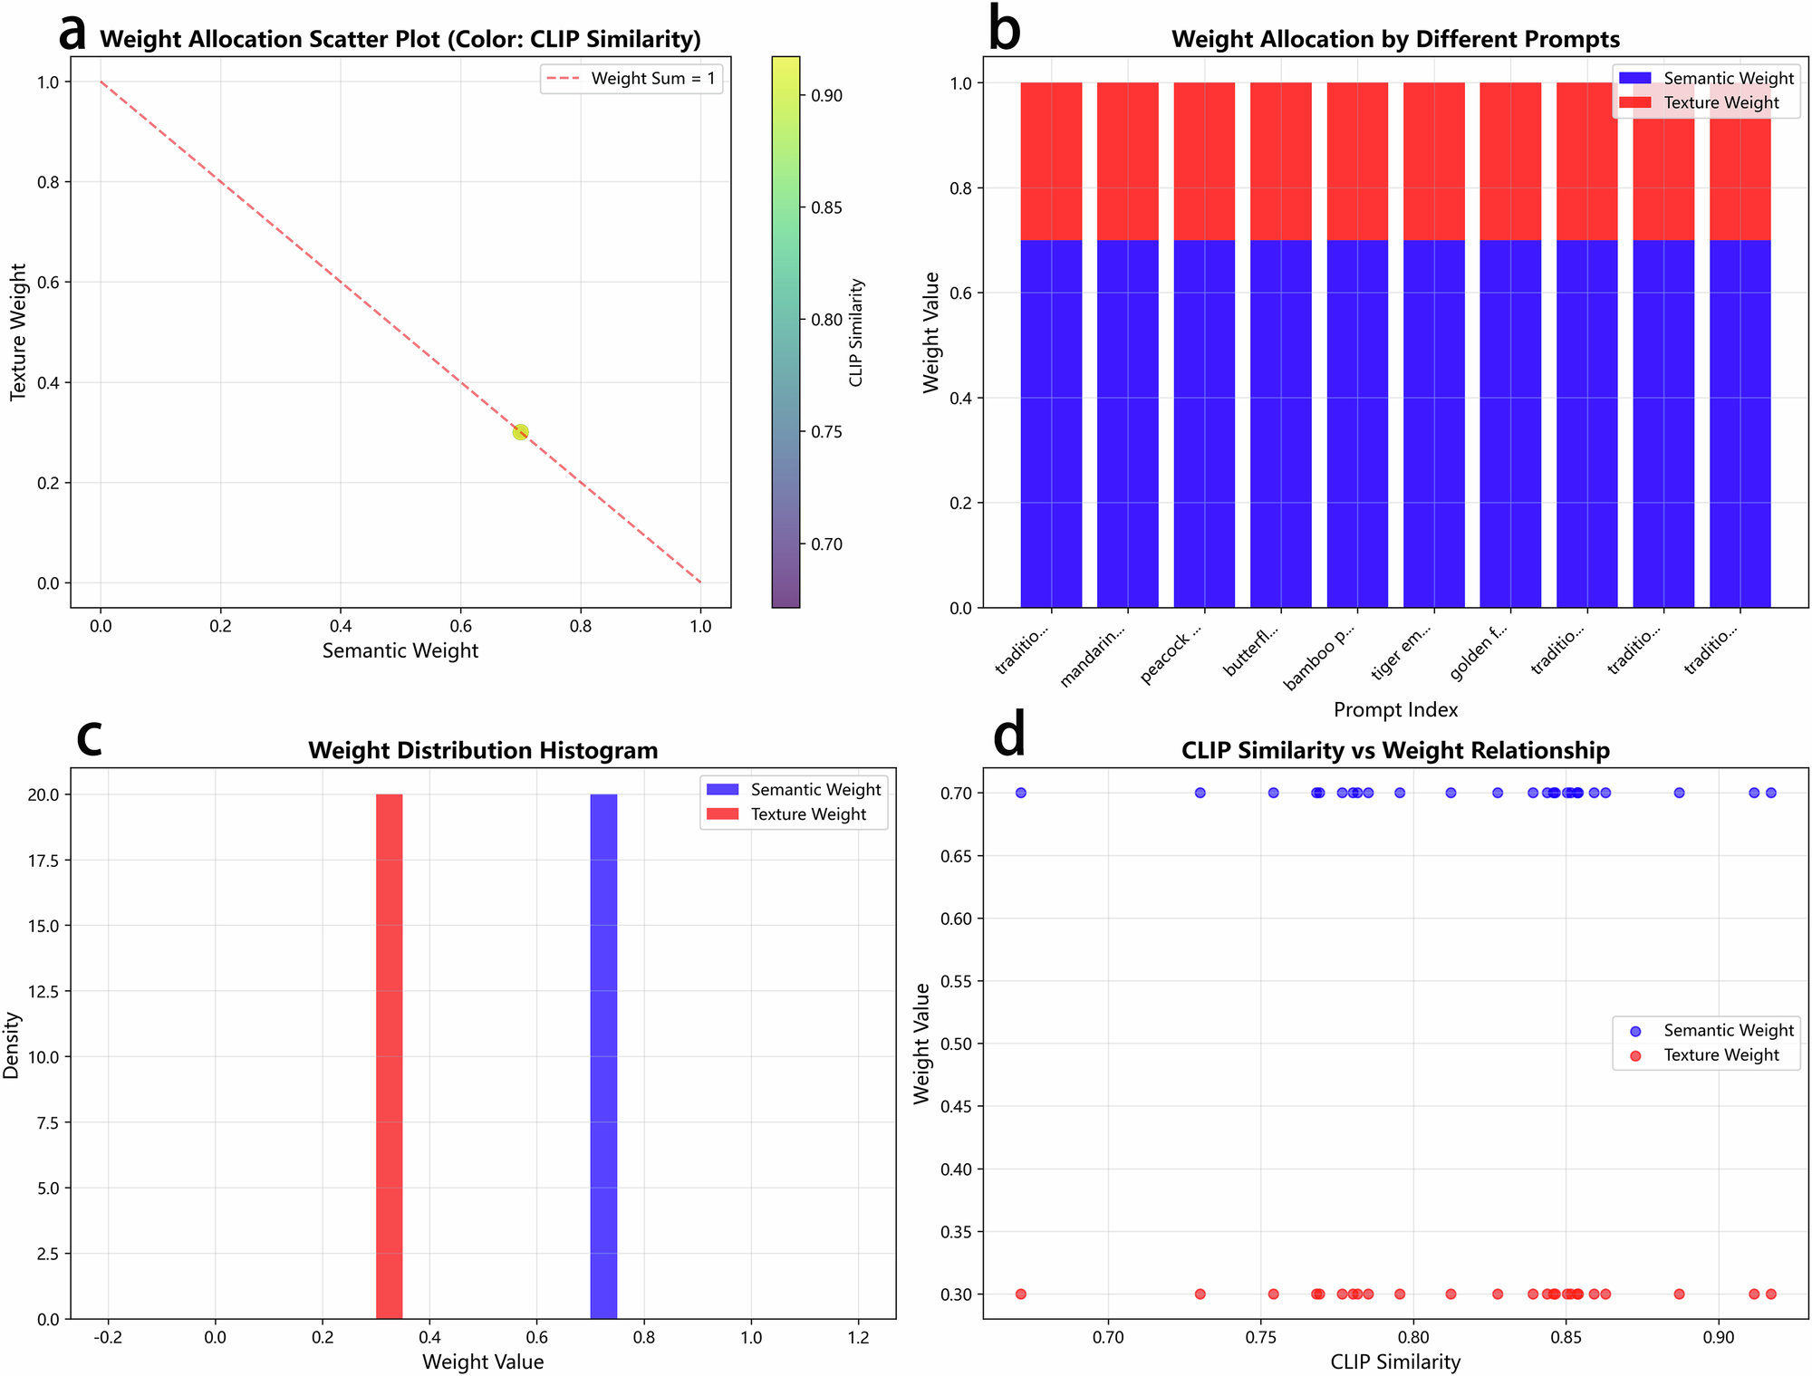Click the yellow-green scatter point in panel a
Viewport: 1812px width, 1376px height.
coord(520,432)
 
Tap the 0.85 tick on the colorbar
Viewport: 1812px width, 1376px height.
coord(825,207)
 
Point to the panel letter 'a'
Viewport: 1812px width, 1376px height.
coord(72,33)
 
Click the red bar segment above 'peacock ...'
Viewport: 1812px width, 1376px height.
coord(1204,161)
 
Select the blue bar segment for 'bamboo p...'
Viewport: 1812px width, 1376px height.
coord(1357,423)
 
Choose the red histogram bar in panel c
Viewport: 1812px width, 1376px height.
coord(390,1055)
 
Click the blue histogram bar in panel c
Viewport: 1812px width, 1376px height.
coord(603,1055)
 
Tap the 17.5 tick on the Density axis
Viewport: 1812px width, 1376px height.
coord(43,861)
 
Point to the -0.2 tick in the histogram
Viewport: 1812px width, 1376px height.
coord(109,1337)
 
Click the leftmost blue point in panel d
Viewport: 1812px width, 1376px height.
coord(1021,793)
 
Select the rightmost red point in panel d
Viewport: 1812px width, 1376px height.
coord(1771,1294)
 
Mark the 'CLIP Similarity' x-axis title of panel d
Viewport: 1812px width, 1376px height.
coord(1395,1362)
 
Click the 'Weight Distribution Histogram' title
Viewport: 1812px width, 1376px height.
coord(483,750)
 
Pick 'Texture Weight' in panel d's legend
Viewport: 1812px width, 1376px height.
coord(1720,1054)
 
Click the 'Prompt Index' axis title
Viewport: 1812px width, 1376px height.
coord(1395,709)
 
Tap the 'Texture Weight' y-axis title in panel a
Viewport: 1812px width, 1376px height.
coord(18,332)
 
